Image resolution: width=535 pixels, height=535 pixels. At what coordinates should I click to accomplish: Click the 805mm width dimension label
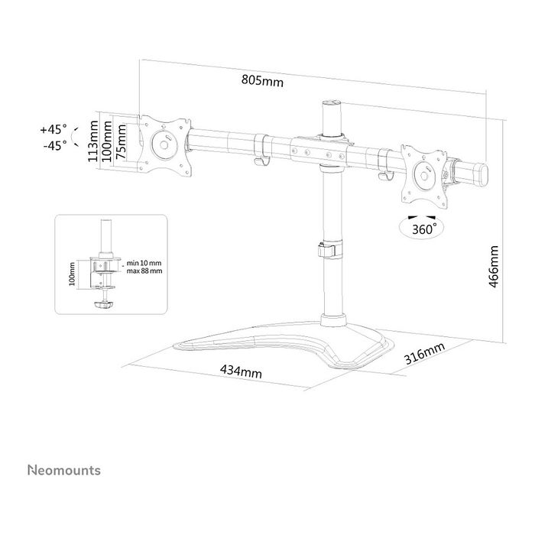pyautogui.click(x=262, y=81)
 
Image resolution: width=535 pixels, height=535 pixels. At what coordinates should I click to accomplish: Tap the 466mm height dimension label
pyautogui.click(x=494, y=267)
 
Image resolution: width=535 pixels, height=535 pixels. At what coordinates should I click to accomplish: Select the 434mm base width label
pyautogui.click(x=241, y=371)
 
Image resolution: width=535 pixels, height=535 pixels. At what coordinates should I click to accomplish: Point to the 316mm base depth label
pyautogui.click(x=424, y=353)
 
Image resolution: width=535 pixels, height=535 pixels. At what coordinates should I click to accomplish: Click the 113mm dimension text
pyautogui.click(x=92, y=141)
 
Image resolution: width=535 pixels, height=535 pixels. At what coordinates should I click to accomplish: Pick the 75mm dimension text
pyautogui.click(x=120, y=142)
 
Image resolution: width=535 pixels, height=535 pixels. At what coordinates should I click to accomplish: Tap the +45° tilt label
pyautogui.click(x=53, y=130)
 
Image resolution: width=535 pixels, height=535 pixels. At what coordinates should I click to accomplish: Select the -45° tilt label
pyautogui.click(x=54, y=146)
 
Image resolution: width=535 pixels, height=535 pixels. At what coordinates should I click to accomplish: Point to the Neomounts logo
pyautogui.click(x=64, y=470)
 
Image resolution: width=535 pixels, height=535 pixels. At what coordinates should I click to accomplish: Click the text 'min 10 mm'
pyautogui.click(x=144, y=263)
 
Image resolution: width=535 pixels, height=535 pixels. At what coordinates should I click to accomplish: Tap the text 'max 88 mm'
pyautogui.click(x=144, y=271)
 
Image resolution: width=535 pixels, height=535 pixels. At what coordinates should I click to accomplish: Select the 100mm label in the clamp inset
pyautogui.click(x=72, y=274)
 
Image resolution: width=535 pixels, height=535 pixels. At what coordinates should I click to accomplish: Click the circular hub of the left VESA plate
pyautogui.click(x=164, y=144)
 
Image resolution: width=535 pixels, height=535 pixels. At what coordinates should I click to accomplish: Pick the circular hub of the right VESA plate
pyautogui.click(x=423, y=175)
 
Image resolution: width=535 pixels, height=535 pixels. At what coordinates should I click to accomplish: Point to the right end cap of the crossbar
pyautogui.click(x=481, y=175)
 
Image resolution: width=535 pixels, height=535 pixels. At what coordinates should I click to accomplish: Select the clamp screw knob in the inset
pyautogui.click(x=103, y=304)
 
